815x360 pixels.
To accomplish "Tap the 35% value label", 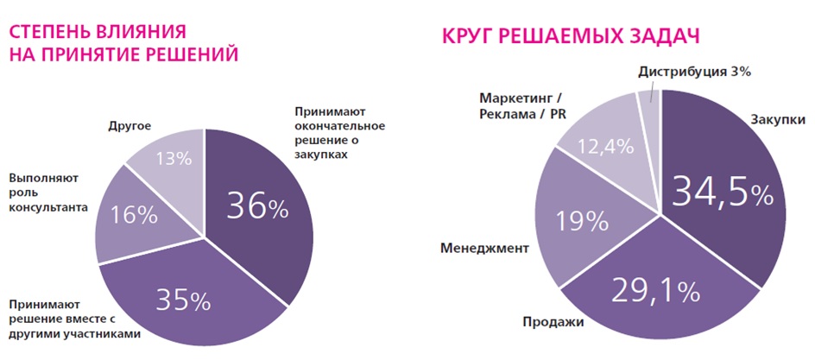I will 183,300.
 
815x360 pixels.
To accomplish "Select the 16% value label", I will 134,214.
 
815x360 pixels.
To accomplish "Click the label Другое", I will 130,125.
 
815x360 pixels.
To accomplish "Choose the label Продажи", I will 553,322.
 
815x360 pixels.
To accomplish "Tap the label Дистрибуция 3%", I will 696,72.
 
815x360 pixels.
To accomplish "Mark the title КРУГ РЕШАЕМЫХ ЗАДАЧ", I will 570,37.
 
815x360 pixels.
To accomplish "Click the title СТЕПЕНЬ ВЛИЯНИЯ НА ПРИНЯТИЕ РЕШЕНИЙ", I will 123,44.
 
